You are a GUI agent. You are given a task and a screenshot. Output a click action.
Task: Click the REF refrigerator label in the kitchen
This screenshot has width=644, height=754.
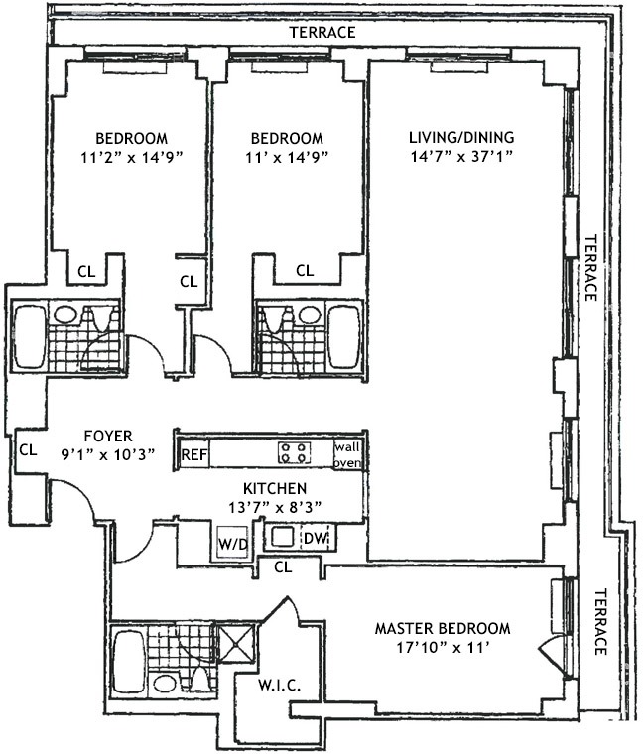click(194, 454)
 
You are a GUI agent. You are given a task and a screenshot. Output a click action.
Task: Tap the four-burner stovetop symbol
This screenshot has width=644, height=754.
click(294, 452)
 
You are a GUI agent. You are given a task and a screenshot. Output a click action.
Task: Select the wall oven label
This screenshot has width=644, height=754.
click(347, 455)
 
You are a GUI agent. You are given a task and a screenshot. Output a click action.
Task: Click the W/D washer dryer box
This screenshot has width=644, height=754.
click(233, 543)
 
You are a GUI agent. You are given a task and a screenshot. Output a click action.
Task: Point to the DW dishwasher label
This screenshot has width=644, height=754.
click(316, 538)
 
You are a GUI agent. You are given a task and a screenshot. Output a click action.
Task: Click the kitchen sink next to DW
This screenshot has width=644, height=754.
click(283, 537)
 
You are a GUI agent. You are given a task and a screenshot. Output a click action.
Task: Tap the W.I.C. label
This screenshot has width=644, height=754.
click(280, 685)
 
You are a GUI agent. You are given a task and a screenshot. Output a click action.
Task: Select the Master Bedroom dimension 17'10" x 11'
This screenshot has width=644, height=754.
click(443, 647)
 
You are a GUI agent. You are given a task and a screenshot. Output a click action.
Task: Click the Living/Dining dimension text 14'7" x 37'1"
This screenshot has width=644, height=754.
click(461, 157)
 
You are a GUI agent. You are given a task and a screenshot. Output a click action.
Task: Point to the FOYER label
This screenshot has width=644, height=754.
click(108, 437)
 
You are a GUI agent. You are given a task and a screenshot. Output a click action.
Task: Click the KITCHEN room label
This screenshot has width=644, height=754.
click(275, 488)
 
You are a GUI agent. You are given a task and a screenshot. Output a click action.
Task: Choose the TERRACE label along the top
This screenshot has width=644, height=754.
click(322, 32)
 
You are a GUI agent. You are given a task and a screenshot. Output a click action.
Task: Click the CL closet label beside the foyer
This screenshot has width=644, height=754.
click(28, 450)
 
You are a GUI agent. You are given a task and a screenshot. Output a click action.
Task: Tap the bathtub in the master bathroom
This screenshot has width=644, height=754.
click(126, 661)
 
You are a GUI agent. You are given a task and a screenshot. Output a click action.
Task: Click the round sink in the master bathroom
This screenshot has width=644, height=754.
click(164, 684)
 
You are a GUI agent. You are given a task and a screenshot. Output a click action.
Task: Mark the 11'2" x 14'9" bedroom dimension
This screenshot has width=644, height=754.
click(133, 157)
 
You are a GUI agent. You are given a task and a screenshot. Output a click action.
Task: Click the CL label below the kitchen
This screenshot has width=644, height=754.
click(283, 567)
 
